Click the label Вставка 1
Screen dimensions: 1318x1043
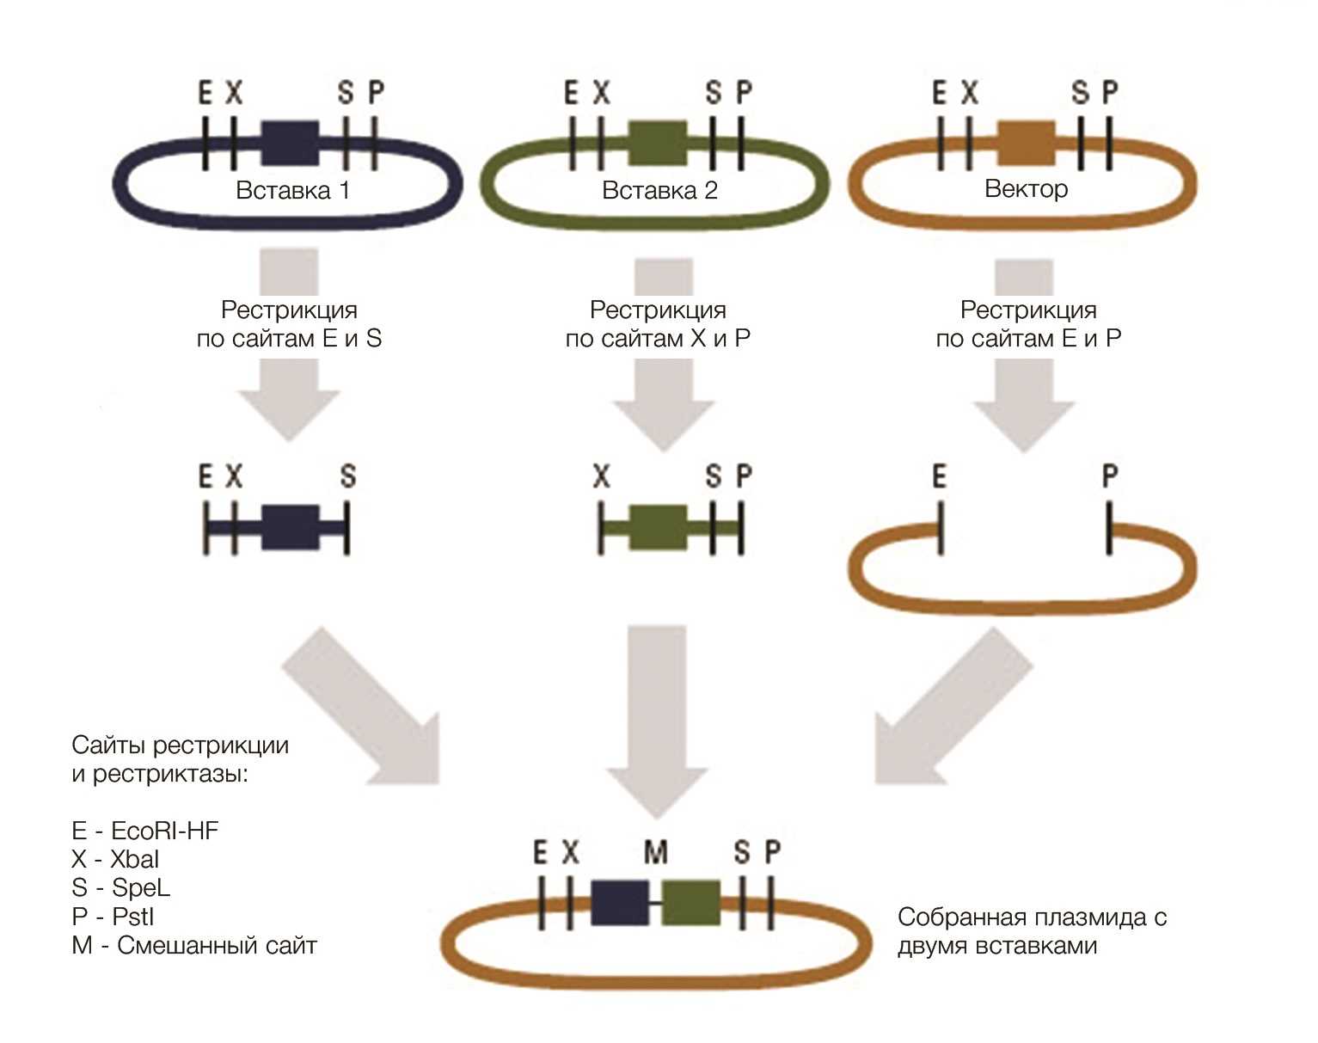coord(293,191)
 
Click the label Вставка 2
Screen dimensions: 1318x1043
coord(659,191)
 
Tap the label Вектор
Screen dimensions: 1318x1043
coord(1026,188)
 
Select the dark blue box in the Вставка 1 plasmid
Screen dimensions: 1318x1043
coord(291,143)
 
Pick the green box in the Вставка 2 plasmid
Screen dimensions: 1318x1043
coord(658,143)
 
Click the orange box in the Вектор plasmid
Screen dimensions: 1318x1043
coord(1026,143)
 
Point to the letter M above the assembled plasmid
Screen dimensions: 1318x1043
coord(656,852)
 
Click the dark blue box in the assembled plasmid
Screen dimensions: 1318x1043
coord(620,903)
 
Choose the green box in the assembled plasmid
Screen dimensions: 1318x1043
coord(691,903)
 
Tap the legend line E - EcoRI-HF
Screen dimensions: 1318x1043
coord(145,831)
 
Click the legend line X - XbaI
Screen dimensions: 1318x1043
coord(115,859)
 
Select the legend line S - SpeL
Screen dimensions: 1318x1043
coord(120,887)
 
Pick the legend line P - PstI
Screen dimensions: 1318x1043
coord(113,917)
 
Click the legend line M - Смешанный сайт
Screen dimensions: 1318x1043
coord(194,946)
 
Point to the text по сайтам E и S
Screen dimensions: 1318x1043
coord(289,338)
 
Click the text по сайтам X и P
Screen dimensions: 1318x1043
coord(658,338)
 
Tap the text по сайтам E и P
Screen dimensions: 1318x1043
coord(1028,338)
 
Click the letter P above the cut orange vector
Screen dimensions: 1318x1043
coord(1110,475)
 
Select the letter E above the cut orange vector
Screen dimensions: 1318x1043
coord(940,475)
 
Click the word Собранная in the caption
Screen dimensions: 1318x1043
coord(961,917)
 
